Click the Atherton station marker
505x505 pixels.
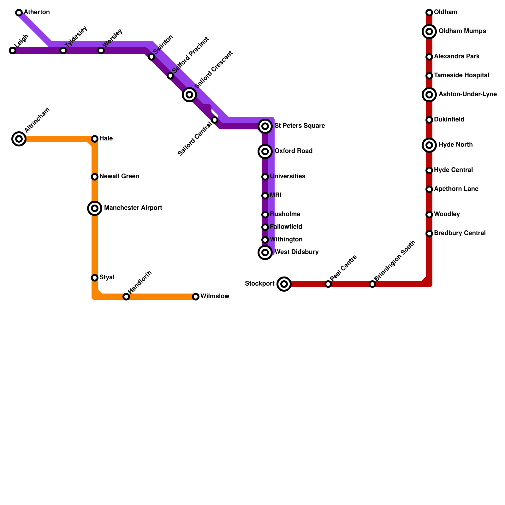click(x=19, y=13)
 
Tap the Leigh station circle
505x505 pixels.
click(x=13, y=50)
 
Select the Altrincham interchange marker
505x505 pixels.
click(x=19, y=139)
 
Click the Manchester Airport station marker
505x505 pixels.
click(x=95, y=208)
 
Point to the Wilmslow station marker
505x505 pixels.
click(x=196, y=297)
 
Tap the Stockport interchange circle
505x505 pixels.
click(x=284, y=284)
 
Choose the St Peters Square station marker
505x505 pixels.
click(x=265, y=126)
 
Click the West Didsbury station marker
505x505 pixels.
click(x=265, y=252)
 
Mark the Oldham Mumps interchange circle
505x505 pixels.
click(x=429, y=32)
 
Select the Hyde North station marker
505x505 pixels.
click(x=429, y=145)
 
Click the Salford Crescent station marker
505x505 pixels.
click(x=189, y=95)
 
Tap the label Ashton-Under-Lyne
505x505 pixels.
click(x=467, y=94)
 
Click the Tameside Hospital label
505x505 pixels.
click(x=461, y=75)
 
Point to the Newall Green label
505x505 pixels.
click(x=119, y=176)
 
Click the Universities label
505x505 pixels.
click(x=288, y=176)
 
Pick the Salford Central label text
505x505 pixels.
click(x=195, y=139)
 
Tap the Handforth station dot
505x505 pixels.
click(x=126, y=297)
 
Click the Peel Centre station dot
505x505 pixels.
click(x=328, y=284)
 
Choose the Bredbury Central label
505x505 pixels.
click(x=460, y=233)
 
